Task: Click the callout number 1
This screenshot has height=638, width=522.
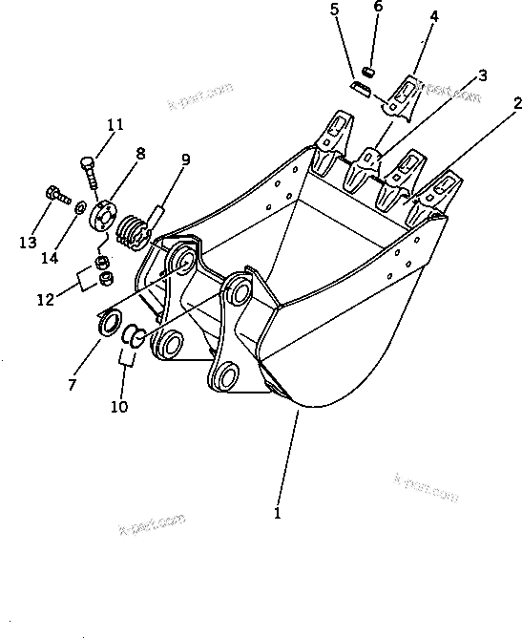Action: click(278, 513)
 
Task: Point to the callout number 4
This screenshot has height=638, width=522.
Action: click(433, 16)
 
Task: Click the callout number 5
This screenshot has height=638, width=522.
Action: click(334, 11)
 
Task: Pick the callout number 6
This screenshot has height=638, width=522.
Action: click(378, 7)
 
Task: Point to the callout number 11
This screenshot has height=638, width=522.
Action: click(115, 125)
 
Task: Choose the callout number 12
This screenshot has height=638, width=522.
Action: click(45, 300)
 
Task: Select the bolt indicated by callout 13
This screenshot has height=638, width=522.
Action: click(54, 198)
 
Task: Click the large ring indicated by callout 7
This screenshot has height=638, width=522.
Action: click(108, 321)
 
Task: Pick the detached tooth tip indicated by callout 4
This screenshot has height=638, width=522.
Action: click(405, 95)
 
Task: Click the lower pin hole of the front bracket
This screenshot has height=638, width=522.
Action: click(227, 378)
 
